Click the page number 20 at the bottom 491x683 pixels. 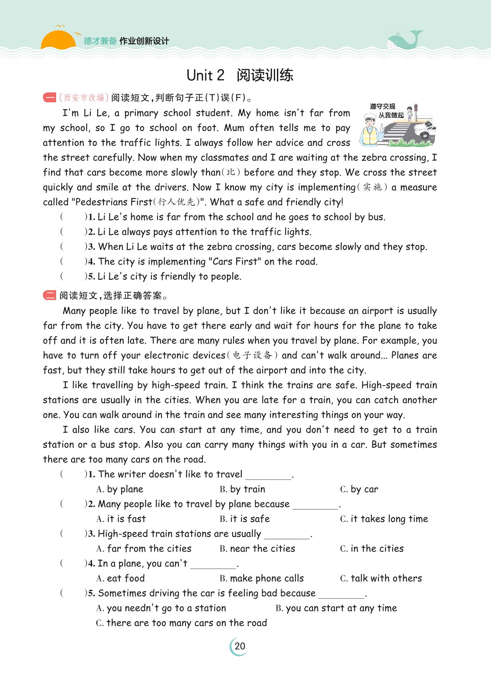click(240, 646)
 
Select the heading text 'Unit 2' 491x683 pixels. click(205, 76)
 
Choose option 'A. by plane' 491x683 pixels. click(120, 489)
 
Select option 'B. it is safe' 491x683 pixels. click(245, 519)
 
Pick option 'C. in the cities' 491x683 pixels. click(372, 549)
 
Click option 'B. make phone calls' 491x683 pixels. click(262, 578)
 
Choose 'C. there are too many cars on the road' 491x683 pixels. click(181, 623)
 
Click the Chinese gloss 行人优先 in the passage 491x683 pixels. click(179, 202)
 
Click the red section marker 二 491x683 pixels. click(50, 295)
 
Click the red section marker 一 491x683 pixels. click(50, 98)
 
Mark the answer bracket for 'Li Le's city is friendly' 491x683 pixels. click(73, 276)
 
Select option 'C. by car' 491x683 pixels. click(359, 489)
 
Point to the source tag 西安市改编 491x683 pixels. click(84, 98)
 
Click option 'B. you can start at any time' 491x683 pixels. click(336, 608)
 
